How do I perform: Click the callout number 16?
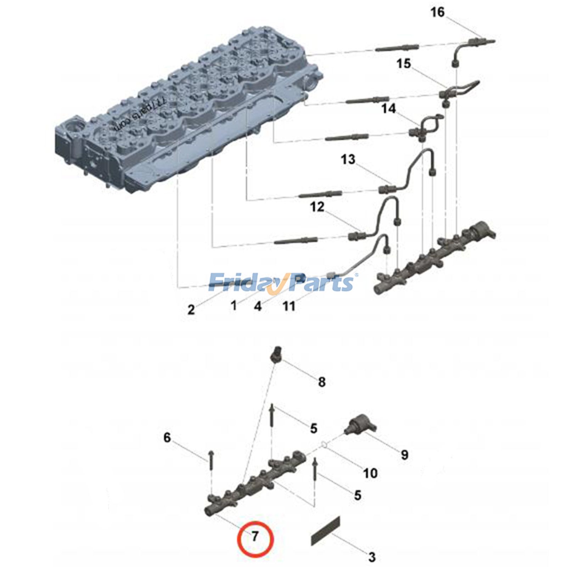(437, 12)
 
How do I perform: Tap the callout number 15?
(403, 64)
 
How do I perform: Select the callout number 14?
(388, 108)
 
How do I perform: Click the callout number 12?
(317, 207)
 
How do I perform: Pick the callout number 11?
(289, 306)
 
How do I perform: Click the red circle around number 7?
(255, 539)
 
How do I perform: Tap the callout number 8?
(321, 382)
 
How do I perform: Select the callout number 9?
(404, 455)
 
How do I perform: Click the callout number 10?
(370, 473)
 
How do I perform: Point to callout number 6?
(167, 437)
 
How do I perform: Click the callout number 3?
(371, 557)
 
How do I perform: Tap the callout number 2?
(191, 309)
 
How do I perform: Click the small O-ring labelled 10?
(323, 444)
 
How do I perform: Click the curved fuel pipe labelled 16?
(461, 51)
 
